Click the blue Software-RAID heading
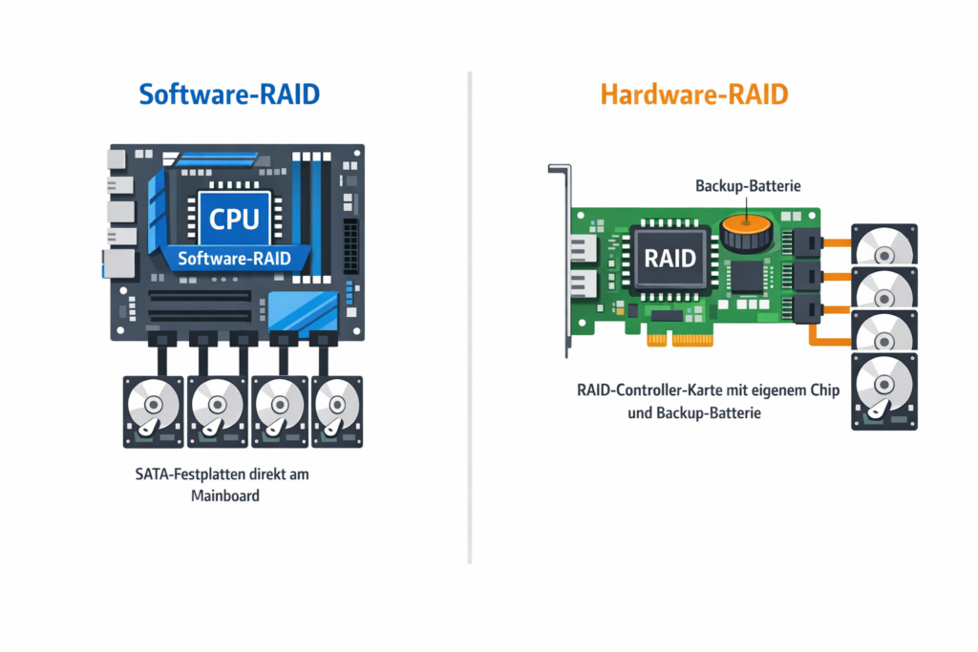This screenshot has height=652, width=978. pos(229,95)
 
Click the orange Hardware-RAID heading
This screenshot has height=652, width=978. pos(694,95)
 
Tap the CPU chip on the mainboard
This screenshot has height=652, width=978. pos(234,219)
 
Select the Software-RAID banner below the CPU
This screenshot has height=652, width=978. pos(235,258)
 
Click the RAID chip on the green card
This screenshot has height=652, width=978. pos(670,258)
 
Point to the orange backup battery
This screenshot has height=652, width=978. pos(747,233)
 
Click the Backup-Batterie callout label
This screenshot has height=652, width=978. pos(748,186)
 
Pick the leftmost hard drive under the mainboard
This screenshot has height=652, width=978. pos(154,411)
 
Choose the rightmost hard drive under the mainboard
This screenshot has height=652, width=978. pos(337,411)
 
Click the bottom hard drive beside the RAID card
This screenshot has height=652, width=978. pos(884,391)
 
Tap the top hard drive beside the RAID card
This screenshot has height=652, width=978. pos(884,244)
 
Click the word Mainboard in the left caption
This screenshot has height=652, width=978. pos(225,496)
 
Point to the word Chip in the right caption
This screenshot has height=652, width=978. pos(824,390)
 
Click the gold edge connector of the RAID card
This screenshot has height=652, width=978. pos(680,340)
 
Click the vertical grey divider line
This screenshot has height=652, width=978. pos(470,318)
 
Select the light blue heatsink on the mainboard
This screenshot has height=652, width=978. pos(303,311)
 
